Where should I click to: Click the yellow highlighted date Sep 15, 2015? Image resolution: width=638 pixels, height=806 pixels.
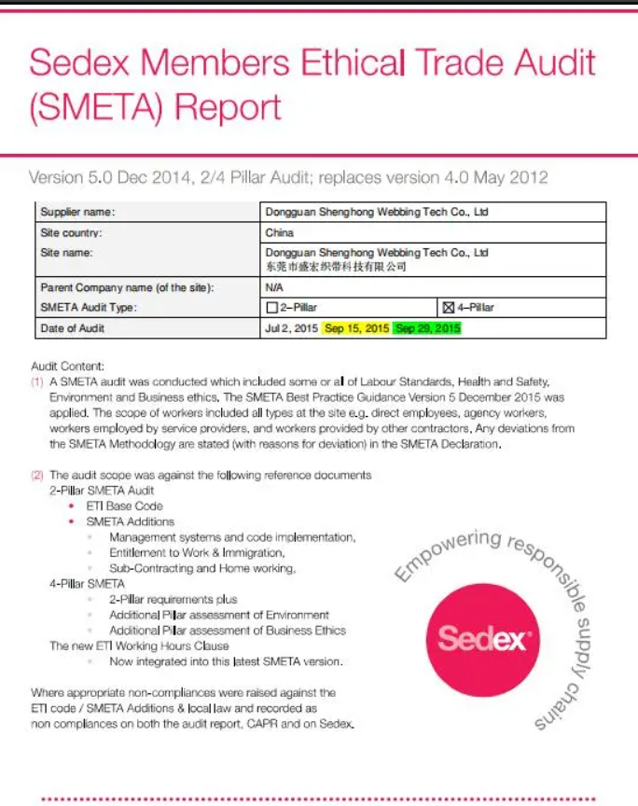[355, 328]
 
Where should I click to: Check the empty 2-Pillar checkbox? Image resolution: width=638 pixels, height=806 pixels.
[272, 307]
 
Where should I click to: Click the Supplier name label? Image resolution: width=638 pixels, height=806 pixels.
[77, 213]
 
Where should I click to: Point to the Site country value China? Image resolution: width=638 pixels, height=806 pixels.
[279, 232]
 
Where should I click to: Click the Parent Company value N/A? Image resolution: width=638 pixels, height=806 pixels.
[274, 288]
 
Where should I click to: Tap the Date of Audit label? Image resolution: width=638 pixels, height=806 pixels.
[73, 328]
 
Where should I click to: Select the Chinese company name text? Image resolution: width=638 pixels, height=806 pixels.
[336, 267]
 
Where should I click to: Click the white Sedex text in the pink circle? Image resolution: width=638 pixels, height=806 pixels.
[484, 640]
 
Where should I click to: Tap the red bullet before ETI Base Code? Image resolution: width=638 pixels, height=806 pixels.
[72, 506]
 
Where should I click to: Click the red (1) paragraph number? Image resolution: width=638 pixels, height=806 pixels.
[37, 382]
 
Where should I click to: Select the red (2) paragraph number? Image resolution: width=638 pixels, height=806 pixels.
[37, 475]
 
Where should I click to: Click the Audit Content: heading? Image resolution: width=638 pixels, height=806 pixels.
[67, 367]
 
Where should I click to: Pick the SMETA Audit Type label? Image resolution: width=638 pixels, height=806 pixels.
[89, 307]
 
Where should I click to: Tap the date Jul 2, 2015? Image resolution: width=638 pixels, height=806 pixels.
[291, 328]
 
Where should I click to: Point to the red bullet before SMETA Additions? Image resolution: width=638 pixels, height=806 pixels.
[72, 521]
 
